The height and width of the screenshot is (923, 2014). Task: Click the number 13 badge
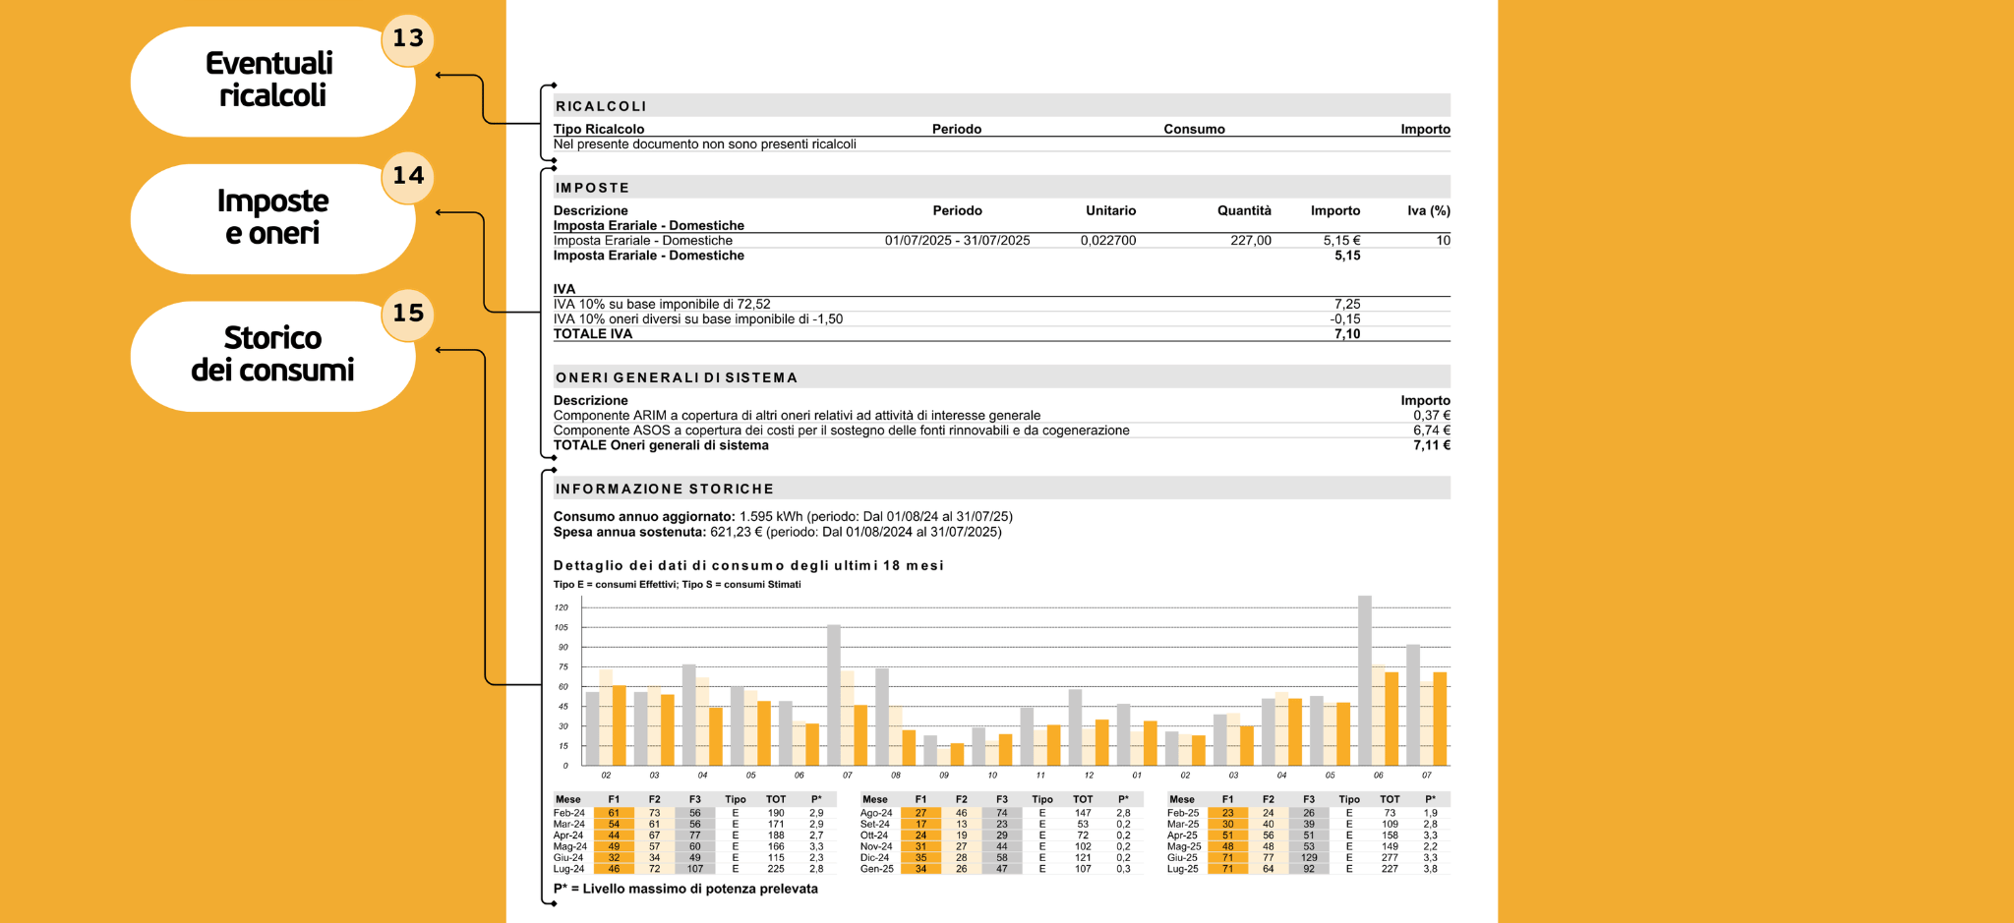pyautogui.click(x=407, y=39)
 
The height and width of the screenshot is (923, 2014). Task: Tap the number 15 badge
pyautogui.click(x=407, y=314)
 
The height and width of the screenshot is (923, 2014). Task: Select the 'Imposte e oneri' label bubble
pyautogui.click(x=272, y=217)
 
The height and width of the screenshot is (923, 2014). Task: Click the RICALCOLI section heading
pyautogui.click(x=601, y=106)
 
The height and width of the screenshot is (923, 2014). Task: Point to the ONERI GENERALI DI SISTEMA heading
pyautogui.click(x=676, y=377)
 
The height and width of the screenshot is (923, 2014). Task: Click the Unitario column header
pyautogui.click(x=1110, y=210)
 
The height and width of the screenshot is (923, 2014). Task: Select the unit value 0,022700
pyautogui.click(x=1108, y=241)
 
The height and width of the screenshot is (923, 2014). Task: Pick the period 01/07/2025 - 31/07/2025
pyautogui.click(x=957, y=241)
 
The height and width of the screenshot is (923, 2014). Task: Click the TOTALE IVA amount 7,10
pyautogui.click(x=1347, y=334)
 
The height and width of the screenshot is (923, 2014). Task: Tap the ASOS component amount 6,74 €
pyautogui.click(x=1431, y=431)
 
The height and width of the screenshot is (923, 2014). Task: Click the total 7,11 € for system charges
pyautogui.click(x=1431, y=445)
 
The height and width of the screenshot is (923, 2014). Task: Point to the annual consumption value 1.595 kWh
pyautogui.click(x=771, y=517)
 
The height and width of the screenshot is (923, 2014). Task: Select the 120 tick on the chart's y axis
pyautogui.click(x=562, y=607)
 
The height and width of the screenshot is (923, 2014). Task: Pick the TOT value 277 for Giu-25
pyautogui.click(x=1390, y=858)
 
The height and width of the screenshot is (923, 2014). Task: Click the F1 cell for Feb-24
pyautogui.click(x=614, y=813)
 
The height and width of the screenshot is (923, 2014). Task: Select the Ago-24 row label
pyautogui.click(x=876, y=813)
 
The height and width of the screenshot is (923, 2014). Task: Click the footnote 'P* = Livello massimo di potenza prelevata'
pyautogui.click(x=685, y=889)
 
